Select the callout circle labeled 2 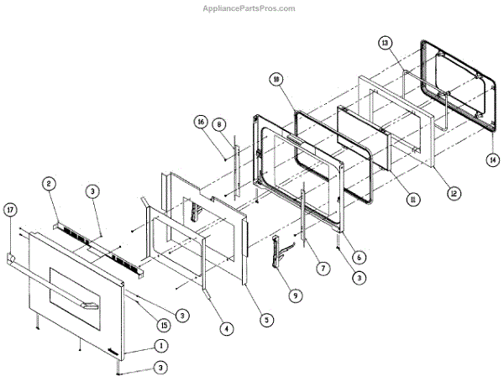(50, 183)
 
